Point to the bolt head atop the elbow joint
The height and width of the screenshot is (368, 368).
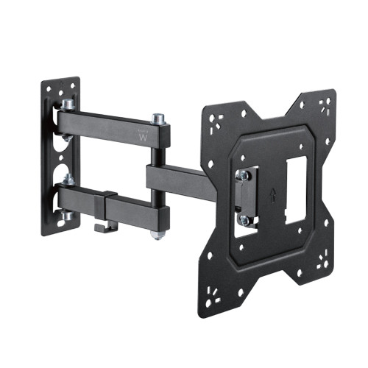[158, 118]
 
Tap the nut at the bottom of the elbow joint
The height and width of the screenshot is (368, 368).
[156, 235]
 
